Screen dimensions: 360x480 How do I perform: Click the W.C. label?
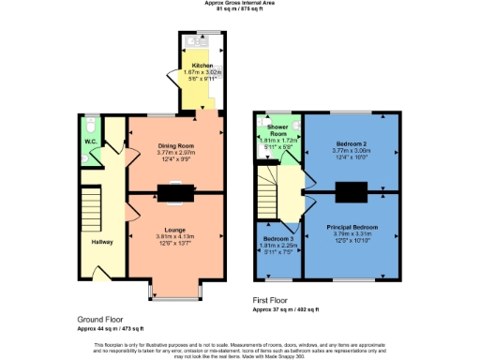[91, 142]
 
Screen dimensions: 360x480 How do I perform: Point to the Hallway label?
[102, 242]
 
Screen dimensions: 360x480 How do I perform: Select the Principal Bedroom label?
[352, 228]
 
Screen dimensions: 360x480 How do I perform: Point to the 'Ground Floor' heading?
[102, 319]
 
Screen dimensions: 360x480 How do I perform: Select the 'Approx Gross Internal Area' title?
[240, 4]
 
